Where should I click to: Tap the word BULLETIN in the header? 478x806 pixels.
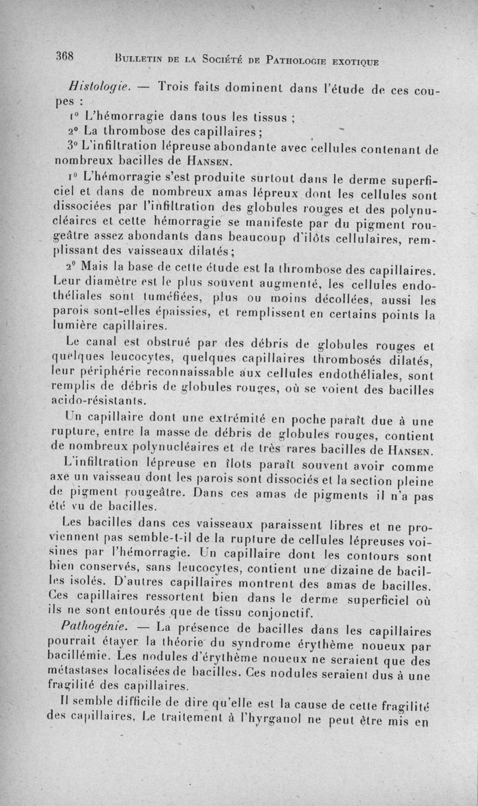pyautogui.click(x=139, y=59)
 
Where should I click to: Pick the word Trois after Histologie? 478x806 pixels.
pyautogui.click(x=179, y=86)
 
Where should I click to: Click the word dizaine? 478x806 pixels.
pyautogui.click(x=358, y=567)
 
